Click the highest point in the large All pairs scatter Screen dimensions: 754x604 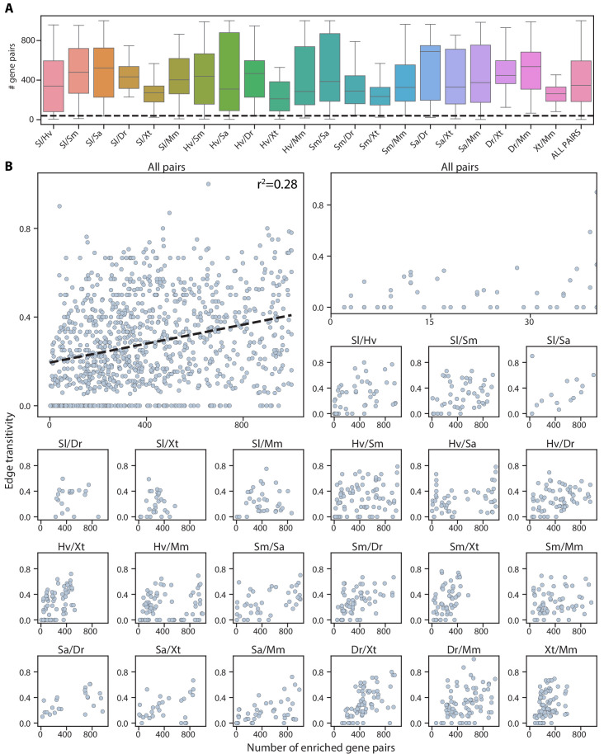coord(208,184)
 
